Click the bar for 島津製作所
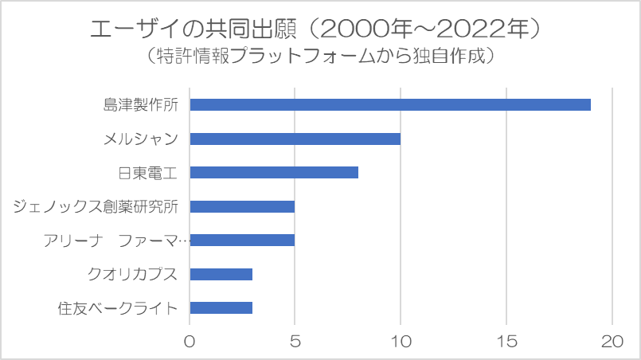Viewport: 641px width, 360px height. [390, 104]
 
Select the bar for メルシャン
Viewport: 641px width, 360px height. [295, 139]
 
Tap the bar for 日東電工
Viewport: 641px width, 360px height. [274, 172]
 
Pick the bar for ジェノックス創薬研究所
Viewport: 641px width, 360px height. [242, 206]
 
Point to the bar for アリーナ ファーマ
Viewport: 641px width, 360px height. [242, 240]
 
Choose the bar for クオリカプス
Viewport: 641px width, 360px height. [221, 274]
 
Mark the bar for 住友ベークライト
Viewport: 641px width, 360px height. [221, 308]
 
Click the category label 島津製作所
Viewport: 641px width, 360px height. [140, 104]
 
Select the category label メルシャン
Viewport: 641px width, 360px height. [140, 139]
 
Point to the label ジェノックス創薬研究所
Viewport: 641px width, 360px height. [96, 206]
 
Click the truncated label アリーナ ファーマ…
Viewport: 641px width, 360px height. [117, 240]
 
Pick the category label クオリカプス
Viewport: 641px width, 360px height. [132, 274]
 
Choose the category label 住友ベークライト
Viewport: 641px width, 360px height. [118, 308]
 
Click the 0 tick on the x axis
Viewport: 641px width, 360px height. [190, 340]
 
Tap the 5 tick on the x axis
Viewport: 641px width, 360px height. [295, 340]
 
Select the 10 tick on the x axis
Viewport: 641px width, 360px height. [401, 340]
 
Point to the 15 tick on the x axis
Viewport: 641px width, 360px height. [506, 340]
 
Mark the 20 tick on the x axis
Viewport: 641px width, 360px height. [612, 340]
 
